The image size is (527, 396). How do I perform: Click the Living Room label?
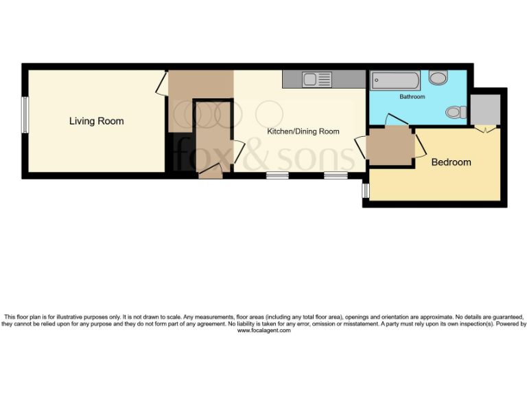pos(96,121)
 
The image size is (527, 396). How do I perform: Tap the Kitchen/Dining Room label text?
pos(303,131)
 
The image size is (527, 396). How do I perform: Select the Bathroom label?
pos(412,97)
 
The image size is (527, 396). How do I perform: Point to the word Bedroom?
pos(451,162)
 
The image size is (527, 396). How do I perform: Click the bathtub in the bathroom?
pos(395,80)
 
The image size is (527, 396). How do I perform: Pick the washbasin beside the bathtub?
pos(438,78)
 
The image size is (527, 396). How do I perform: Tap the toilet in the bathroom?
pos(454,112)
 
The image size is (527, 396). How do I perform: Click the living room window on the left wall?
pos(25,114)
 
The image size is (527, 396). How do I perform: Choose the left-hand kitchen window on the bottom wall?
pos(277,175)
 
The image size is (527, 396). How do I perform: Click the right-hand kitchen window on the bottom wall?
pos(336,175)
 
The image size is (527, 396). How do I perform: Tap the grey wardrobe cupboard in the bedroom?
pos(487,109)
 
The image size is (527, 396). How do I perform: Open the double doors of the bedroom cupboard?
pos(487,129)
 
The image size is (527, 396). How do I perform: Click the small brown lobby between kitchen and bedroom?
pos(389,147)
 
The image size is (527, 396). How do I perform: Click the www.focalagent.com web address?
pos(263,331)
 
